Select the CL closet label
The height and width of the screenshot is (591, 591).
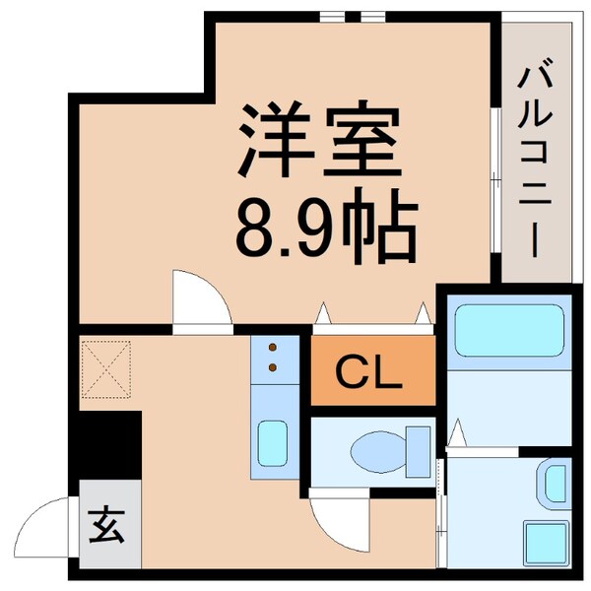click(370, 372)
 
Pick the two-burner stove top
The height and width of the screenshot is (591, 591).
click(273, 358)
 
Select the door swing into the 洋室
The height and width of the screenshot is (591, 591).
click(201, 295)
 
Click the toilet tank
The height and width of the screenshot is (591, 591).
click(420, 450)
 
